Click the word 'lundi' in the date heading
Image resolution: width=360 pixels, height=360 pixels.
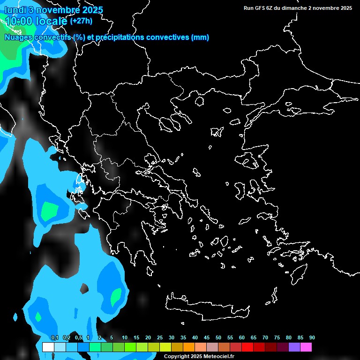[15, 10]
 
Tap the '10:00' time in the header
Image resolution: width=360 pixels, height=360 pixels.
[18, 21]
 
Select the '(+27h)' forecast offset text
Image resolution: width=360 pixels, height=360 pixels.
[81, 21]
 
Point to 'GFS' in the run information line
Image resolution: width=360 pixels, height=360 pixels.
[259, 8]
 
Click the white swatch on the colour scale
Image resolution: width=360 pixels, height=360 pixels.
[48, 347]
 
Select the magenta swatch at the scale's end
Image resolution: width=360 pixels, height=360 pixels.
[306, 347]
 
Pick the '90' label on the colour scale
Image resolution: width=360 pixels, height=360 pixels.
[312, 338]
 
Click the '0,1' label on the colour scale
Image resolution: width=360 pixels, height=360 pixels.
[55, 338]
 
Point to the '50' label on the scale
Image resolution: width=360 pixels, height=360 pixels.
[218, 338]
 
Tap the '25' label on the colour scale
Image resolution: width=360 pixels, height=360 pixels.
[160, 338]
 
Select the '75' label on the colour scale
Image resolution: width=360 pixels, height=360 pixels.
[277, 338]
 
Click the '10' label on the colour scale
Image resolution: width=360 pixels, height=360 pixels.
[125, 338]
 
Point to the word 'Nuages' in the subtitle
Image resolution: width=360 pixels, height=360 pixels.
[17, 37]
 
